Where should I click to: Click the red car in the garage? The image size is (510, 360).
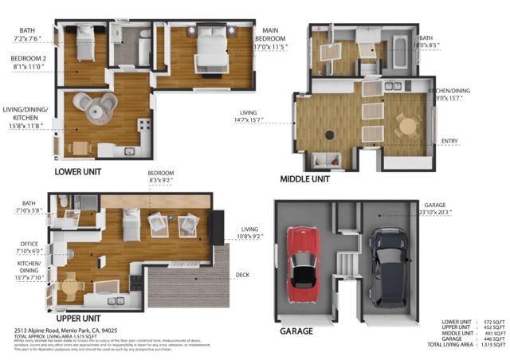point(303,257)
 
